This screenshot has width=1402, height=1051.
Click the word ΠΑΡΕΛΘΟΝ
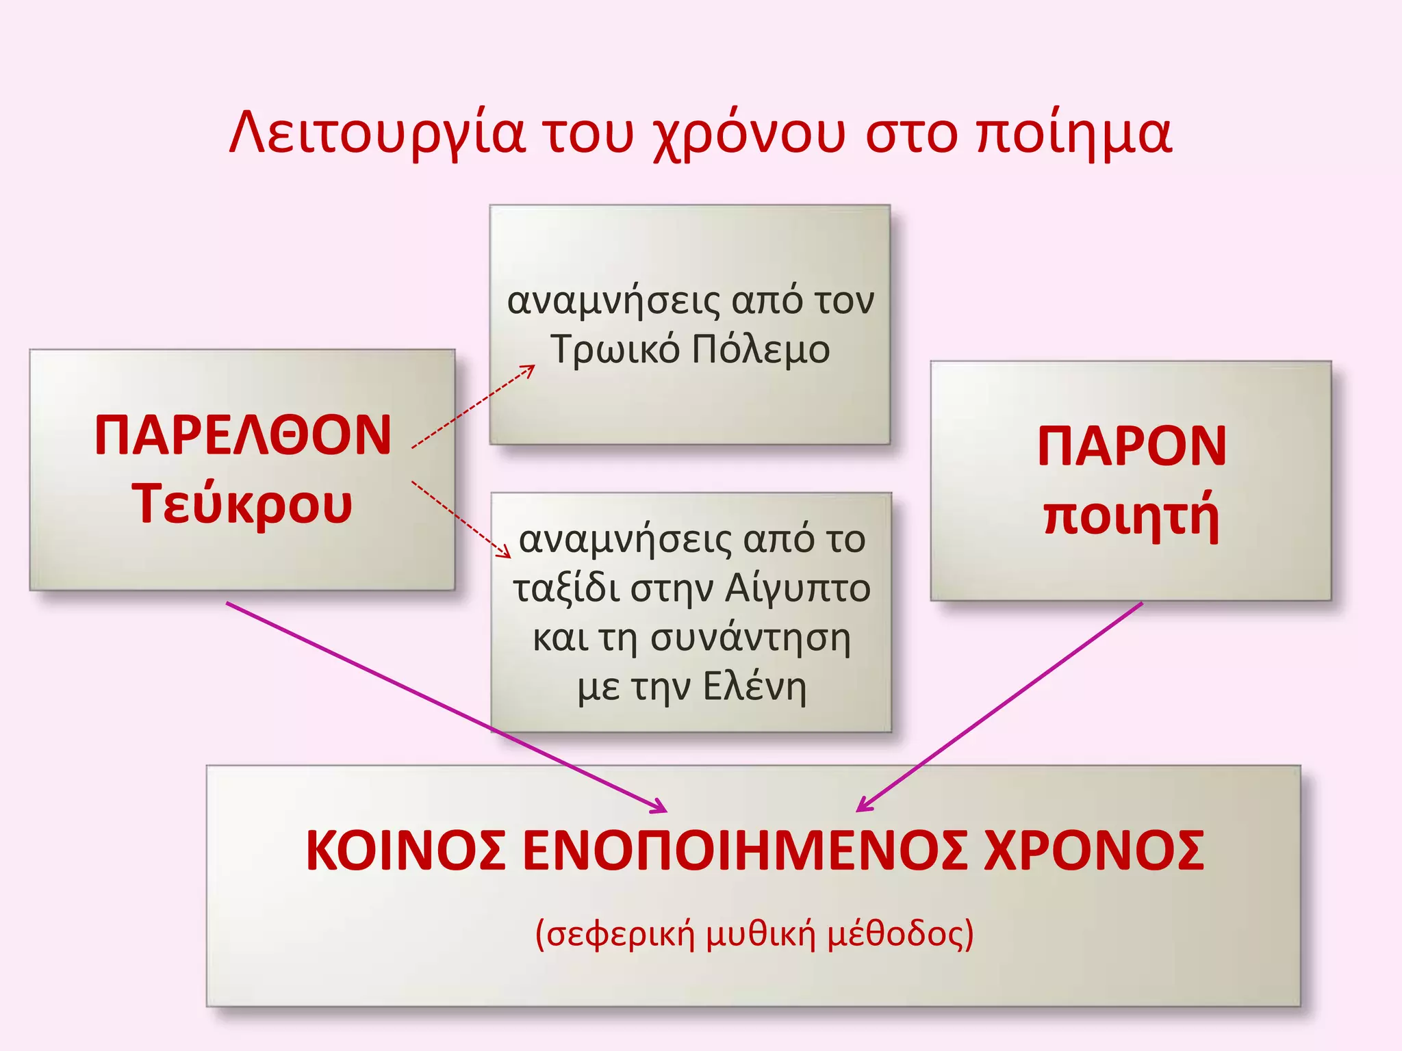(243, 435)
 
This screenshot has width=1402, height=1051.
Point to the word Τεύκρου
(243, 504)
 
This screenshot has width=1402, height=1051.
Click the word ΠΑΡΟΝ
(1132, 446)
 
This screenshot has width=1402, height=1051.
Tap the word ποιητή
(1132, 516)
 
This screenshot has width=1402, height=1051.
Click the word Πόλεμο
(761, 350)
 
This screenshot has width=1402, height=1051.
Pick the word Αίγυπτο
(798, 588)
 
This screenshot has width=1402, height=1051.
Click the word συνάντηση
(750, 638)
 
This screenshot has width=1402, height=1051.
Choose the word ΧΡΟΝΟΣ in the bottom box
(1093, 851)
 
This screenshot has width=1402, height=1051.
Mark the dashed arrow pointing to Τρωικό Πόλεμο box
(472, 407)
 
